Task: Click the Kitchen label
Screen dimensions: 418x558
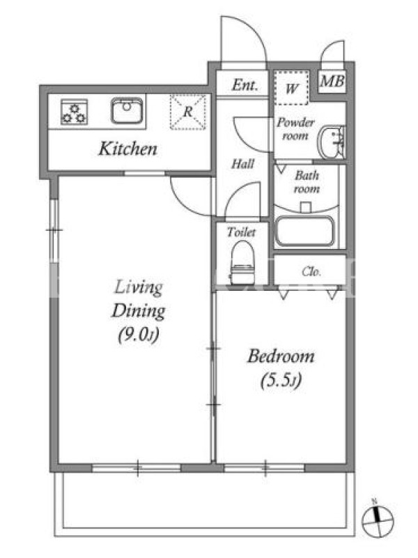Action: click(x=127, y=149)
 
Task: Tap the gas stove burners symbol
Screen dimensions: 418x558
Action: click(x=74, y=112)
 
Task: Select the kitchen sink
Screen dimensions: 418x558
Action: click(x=127, y=110)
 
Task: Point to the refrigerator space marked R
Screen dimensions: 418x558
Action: click(x=187, y=112)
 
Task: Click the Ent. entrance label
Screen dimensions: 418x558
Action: click(x=245, y=84)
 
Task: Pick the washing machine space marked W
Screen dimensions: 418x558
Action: click(x=291, y=88)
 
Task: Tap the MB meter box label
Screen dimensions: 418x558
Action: click(x=332, y=81)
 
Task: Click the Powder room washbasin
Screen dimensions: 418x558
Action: click(x=330, y=142)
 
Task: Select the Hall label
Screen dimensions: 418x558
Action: click(x=242, y=164)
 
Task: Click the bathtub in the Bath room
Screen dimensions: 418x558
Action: click(x=304, y=231)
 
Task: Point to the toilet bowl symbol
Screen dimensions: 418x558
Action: click(x=242, y=262)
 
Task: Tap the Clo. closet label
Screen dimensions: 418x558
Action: click(x=311, y=272)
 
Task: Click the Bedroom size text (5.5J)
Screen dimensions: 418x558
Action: click(x=281, y=380)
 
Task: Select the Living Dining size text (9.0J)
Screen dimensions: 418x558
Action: click(x=138, y=335)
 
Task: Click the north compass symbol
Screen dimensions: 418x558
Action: click(x=377, y=520)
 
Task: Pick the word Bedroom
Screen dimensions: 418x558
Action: click(x=281, y=356)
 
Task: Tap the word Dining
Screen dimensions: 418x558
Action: click(x=138, y=311)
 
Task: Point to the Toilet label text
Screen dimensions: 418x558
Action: click(x=241, y=232)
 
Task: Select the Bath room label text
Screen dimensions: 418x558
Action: click(x=307, y=182)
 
